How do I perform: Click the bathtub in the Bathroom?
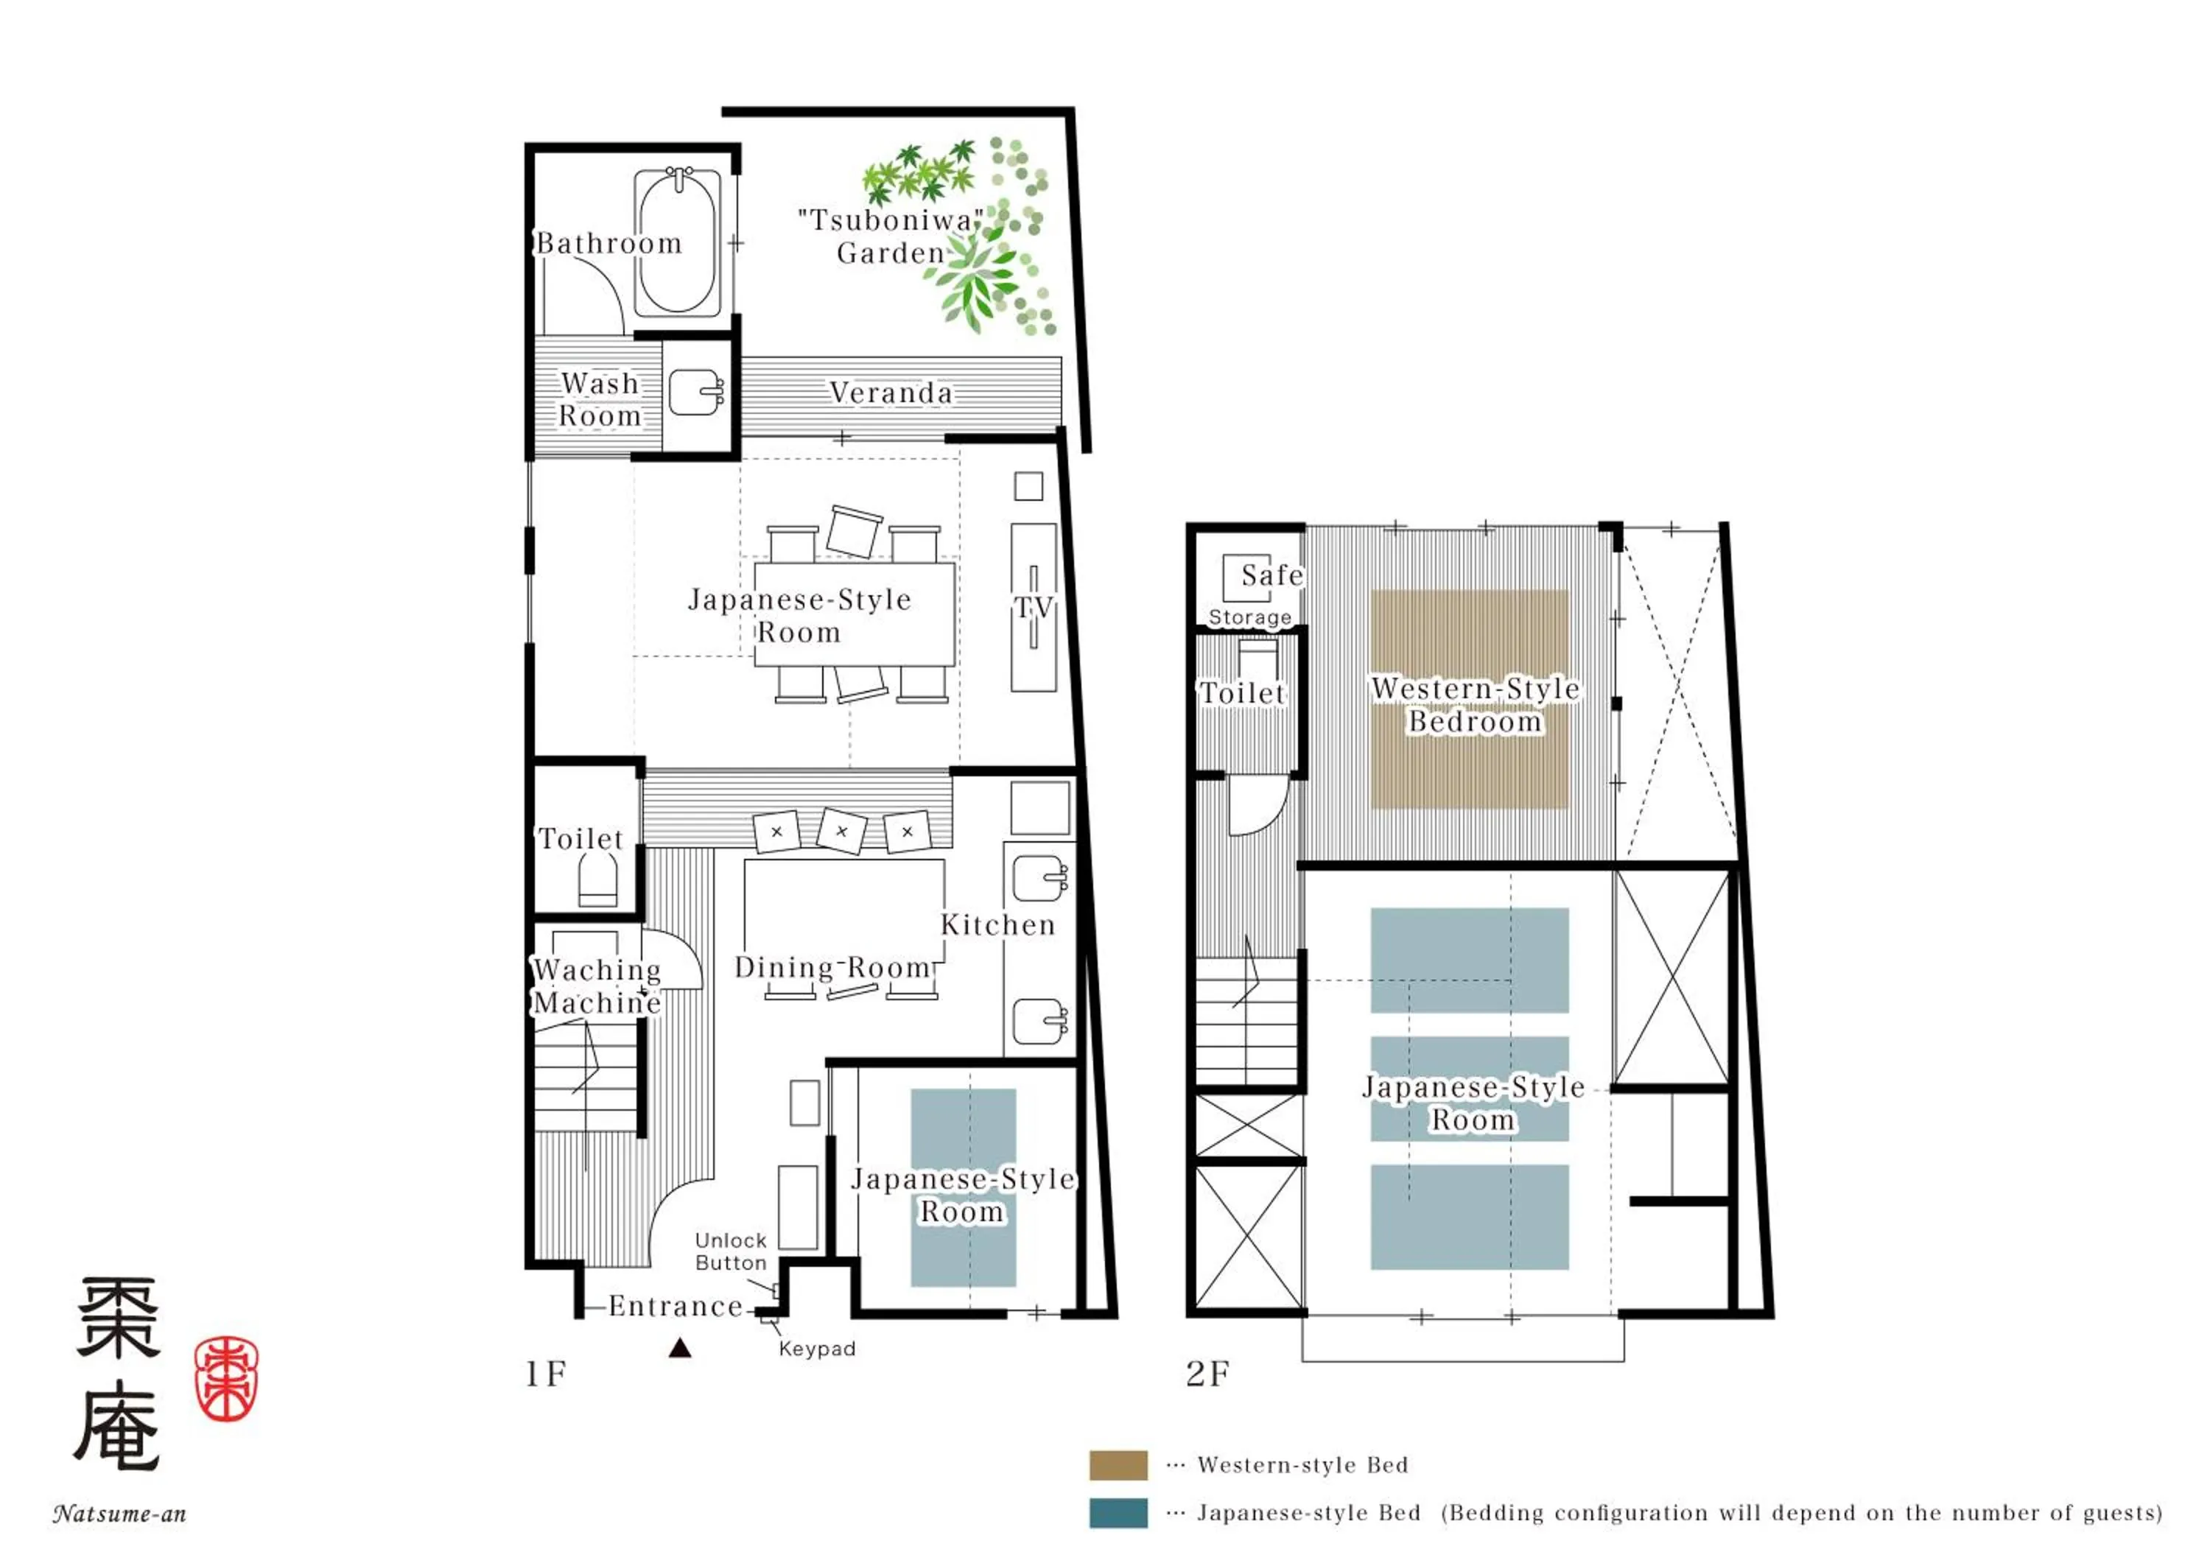click(x=678, y=245)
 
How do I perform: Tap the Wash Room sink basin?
click(x=694, y=393)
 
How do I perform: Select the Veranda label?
click(x=891, y=393)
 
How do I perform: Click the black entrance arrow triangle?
click(x=679, y=1349)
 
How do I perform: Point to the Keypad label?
click(x=817, y=1349)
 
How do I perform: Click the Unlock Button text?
click(x=731, y=1251)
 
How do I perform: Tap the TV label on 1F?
click(x=1034, y=608)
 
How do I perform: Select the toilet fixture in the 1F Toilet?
click(x=597, y=881)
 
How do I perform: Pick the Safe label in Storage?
click(x=1272, y=575)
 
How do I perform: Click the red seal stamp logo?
click(x=226, y=1378)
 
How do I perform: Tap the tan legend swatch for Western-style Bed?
click(x=1118, y=1465)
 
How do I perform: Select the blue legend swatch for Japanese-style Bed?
click(x=1118, y=1513)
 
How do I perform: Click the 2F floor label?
click(x=1208, y=1374)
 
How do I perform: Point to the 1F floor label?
click(x=546, y=1374)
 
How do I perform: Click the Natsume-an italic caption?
click(x=119, y=1514)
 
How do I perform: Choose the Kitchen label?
click(x=998, y=925)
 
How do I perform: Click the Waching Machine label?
click(x=597, y=986)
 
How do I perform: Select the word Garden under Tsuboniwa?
click(x=891, y=253)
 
